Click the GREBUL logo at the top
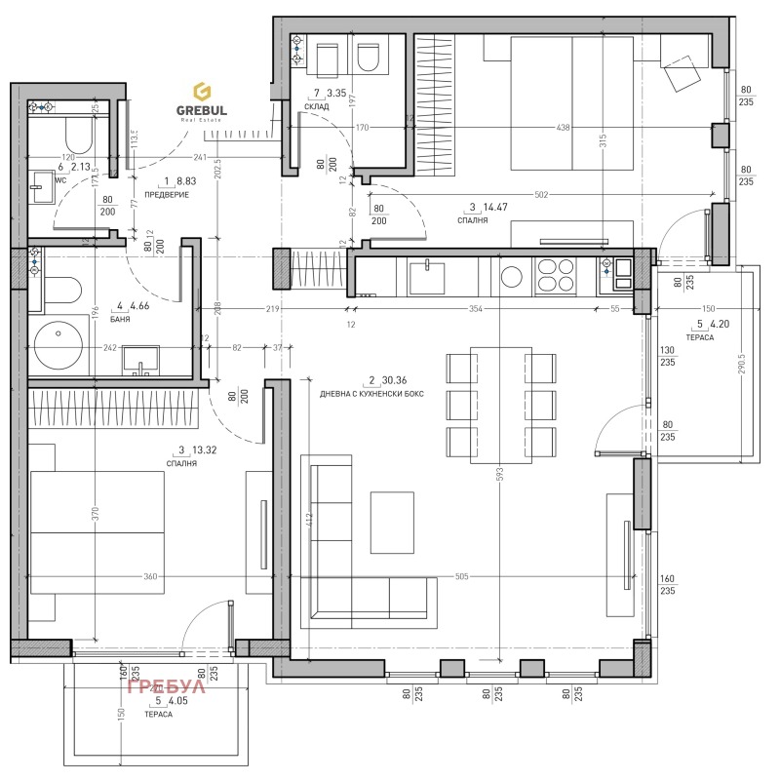point(202,99)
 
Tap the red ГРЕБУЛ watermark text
point(167,687)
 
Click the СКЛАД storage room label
point(316,107)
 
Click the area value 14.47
point(500,207)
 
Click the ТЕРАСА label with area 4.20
point(700,336)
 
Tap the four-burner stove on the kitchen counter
point(556,275)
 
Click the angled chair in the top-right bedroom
point(682,70)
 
